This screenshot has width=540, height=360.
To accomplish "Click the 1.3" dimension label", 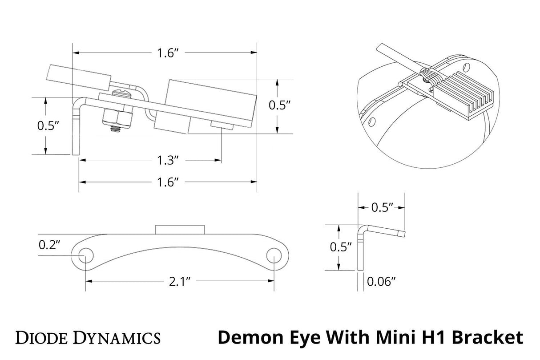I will [x=168, y=159].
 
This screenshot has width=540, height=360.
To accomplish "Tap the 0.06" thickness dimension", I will [x=381, y=281].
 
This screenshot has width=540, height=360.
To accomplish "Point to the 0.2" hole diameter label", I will [x=49, y=244].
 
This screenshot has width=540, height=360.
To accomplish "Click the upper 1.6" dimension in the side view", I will [x=167, y=53].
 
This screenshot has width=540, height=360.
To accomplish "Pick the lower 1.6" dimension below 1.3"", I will [x=168, y=182].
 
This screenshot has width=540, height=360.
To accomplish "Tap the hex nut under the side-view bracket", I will [x=117, y=117].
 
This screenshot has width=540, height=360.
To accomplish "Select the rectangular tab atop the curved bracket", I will [x=180, y=230].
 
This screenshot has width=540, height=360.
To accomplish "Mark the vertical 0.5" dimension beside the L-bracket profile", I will [x=341, y=247].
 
